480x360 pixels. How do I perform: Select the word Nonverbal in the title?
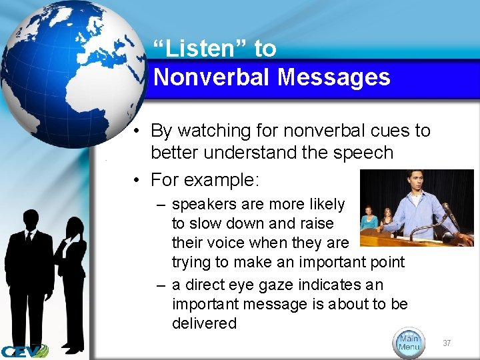pos(213,77)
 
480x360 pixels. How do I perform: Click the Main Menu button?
pos(409,341)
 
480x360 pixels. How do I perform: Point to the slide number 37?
pos(447,343)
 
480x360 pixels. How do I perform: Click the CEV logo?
pos(24,351)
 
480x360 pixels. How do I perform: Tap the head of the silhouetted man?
pos(29,219)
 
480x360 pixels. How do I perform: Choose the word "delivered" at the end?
pos(204,323)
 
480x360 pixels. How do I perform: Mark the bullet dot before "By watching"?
pos(135,131)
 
